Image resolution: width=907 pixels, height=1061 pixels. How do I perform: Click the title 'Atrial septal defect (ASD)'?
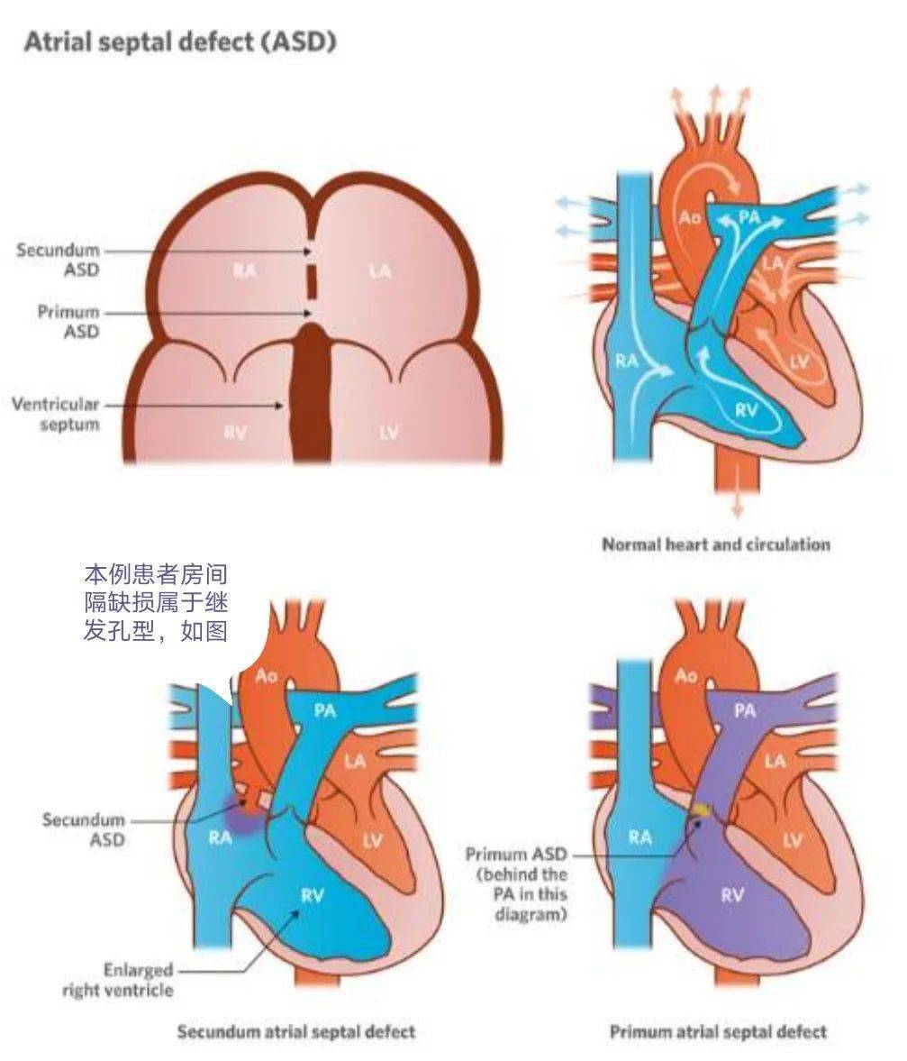coord(180,42)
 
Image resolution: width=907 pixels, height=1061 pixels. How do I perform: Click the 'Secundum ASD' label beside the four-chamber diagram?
coord(59,260)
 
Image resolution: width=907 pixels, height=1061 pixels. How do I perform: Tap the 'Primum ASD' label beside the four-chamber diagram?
coord(68,322)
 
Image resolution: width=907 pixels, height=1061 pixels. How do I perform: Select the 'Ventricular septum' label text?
coord(56,414)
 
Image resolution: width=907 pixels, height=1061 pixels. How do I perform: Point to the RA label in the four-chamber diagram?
coord(244,270)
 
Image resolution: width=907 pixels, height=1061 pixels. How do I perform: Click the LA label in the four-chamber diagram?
coord(380,270)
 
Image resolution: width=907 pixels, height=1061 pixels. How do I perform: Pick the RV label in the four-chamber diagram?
coord(235,432)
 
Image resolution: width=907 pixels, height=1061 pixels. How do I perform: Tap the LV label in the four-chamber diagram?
coord(388,432)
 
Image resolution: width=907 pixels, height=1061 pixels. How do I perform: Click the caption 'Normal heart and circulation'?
coord(716,544)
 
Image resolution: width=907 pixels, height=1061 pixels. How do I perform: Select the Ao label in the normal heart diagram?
coord(689,217)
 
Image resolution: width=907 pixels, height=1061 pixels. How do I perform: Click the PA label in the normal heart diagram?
coord(748,216)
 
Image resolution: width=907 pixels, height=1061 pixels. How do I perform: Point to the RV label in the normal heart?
coord(746,409)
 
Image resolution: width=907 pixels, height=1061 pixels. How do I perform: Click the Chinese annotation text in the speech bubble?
coord(156,603)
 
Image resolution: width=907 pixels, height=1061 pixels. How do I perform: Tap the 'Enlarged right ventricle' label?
coord(118,980)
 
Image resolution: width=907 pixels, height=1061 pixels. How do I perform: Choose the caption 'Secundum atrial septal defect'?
coord(296,1032)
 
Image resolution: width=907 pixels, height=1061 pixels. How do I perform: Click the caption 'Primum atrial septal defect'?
coord(719,1032)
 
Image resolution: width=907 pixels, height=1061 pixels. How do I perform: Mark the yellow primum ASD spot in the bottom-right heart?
coord(701,809)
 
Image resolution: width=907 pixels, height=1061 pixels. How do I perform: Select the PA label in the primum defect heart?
coord(745,709)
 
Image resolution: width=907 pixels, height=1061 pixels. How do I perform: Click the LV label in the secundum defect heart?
coord(372,841)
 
